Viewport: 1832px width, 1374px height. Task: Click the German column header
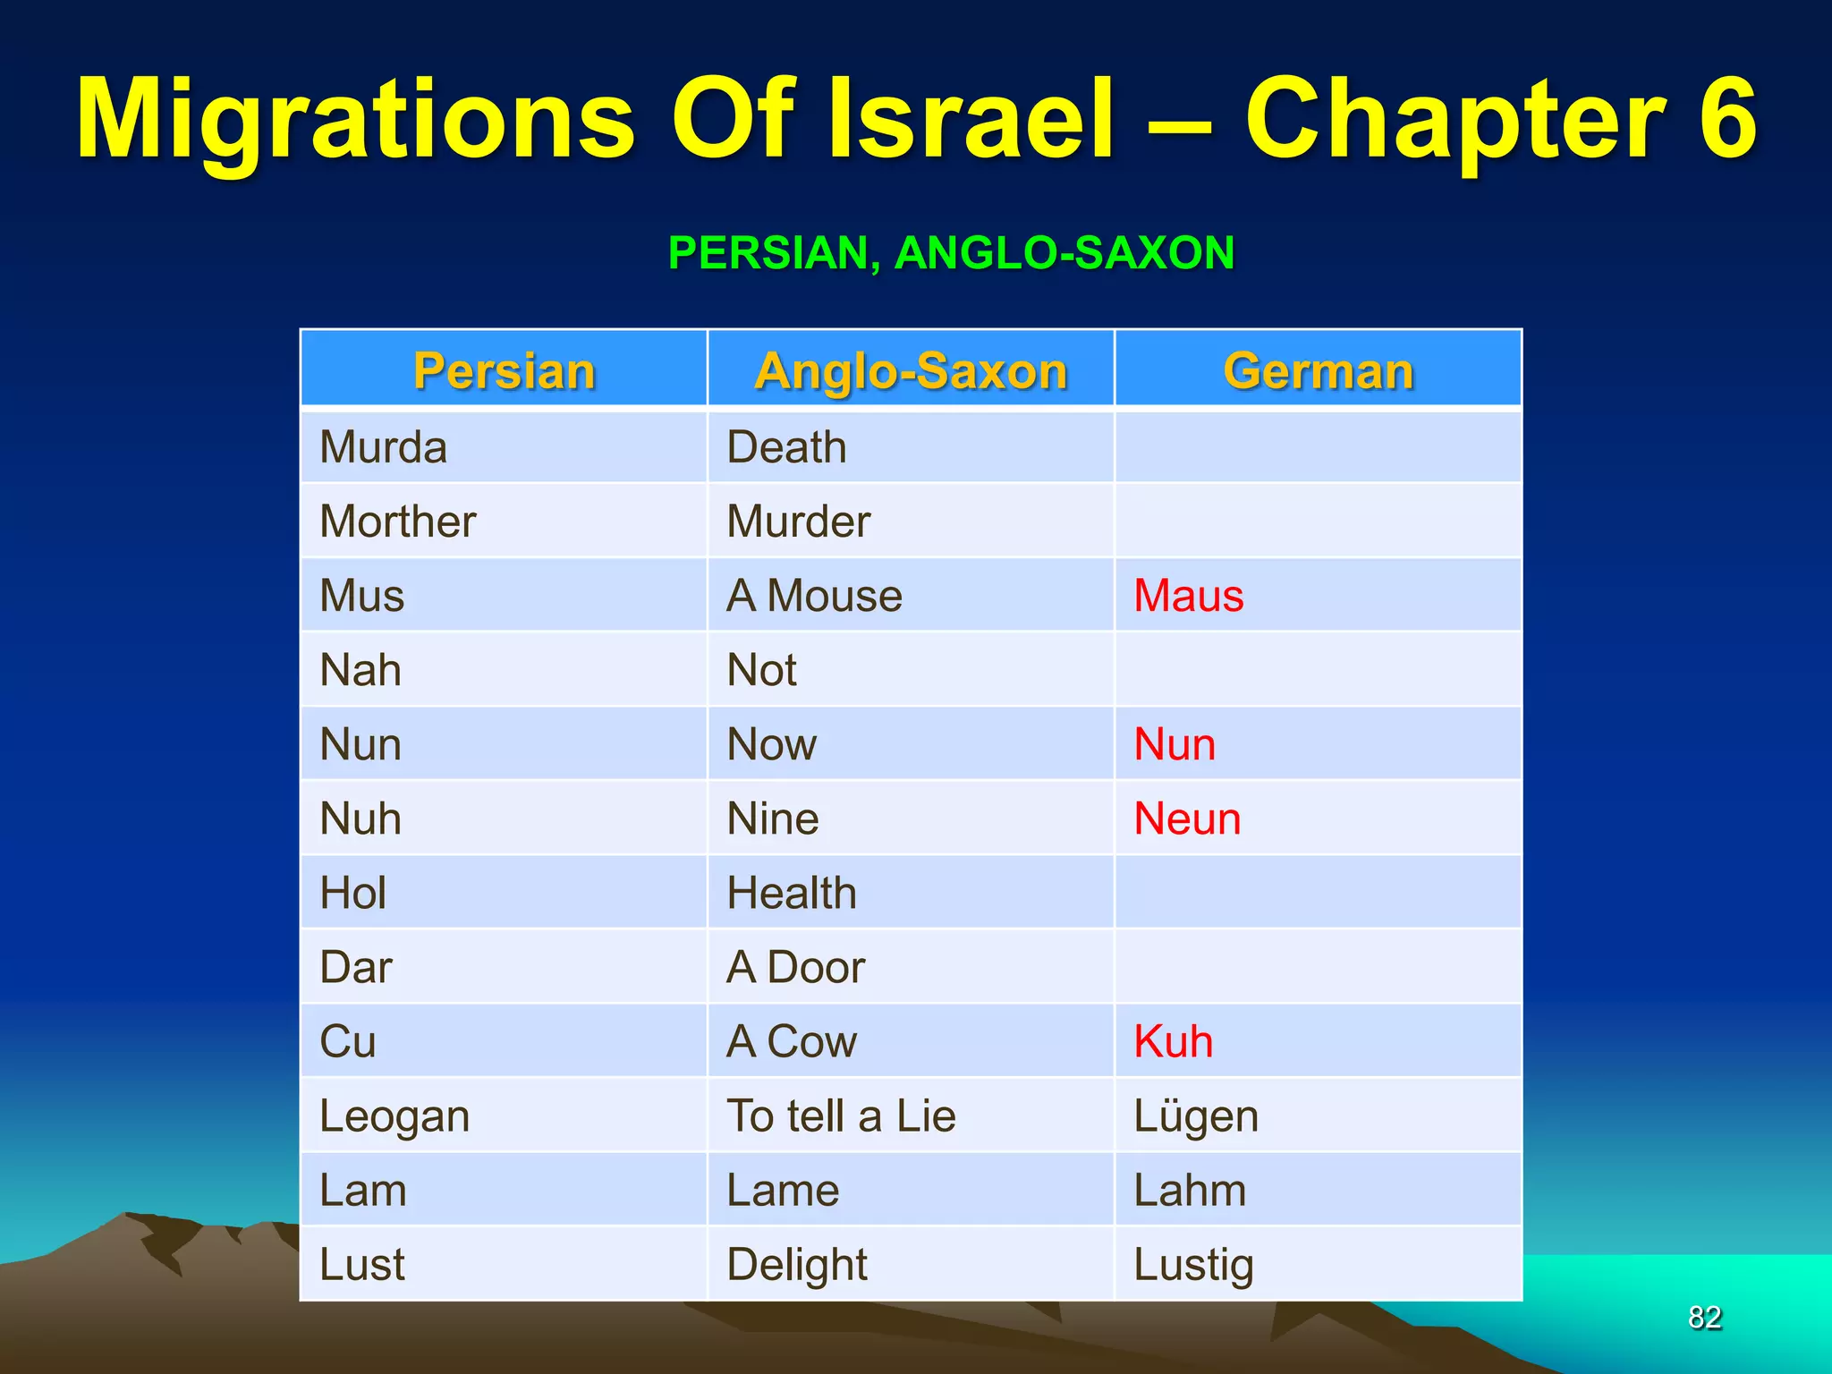[1318, 370]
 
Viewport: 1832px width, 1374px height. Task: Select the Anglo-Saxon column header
[911, 370]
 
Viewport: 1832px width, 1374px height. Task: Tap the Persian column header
[504, 370]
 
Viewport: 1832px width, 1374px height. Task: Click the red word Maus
[1189, 596]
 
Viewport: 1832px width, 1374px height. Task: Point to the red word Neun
[1187, 818]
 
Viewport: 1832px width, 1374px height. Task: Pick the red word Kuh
[1173, 1041]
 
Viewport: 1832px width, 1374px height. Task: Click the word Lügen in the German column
[1196, 1116]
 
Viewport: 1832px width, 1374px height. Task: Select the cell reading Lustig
[1193, 1265]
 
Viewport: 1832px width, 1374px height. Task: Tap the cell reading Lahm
[1190, 1191]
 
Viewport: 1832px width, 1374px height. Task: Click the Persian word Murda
[383, 447]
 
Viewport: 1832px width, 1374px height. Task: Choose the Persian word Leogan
[394, 1116]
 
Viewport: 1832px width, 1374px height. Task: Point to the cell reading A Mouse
[814, 596]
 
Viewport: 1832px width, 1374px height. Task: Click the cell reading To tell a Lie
[841, 1116]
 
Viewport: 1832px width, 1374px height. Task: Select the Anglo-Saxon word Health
[792, 893]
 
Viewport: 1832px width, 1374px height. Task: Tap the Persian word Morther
[398, 522]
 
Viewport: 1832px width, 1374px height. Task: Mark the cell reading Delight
[797, 1265]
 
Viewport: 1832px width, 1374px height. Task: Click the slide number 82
[1704, 1317]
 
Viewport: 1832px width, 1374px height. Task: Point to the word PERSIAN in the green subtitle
[768, 252]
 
